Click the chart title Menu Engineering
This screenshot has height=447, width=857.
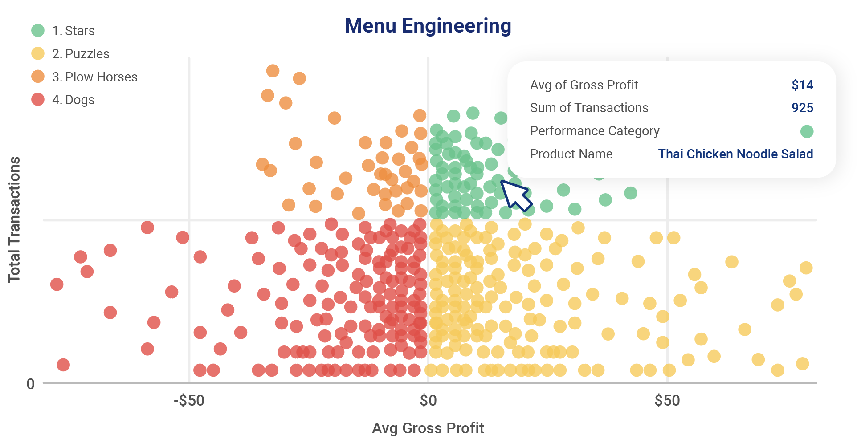[x=428, y=26]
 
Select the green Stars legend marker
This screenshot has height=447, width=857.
[x=38, y=30]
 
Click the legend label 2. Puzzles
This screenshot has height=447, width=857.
[x=81, y=54]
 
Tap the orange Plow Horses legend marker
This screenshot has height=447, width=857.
[x=38, y=77]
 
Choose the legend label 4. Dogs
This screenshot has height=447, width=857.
[x=73, y=100]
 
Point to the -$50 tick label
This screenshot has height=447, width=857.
[x=189, y=400]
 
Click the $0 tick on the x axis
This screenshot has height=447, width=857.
[x=428, y=400]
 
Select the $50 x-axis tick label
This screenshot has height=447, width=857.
[x=667, y=400]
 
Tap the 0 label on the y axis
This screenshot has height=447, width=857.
[x=30, y=384]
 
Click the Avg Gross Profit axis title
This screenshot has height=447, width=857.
[x=428, y=428]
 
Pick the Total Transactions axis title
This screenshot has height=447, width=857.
[x=14, y=219]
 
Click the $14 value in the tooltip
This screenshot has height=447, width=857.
[x=802, y=85]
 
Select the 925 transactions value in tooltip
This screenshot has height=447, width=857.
[x=802, y=108]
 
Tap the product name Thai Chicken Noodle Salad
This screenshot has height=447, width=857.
[x=735, y=154]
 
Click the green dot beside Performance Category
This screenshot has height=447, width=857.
[x=807, y=131]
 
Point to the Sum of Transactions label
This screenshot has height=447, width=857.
[x=589, y=108]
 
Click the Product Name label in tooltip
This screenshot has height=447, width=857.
[x=571, y=154]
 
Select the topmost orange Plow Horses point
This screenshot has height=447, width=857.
[x=273, y=71]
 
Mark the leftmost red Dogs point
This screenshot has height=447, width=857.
[x=57, y=284]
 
